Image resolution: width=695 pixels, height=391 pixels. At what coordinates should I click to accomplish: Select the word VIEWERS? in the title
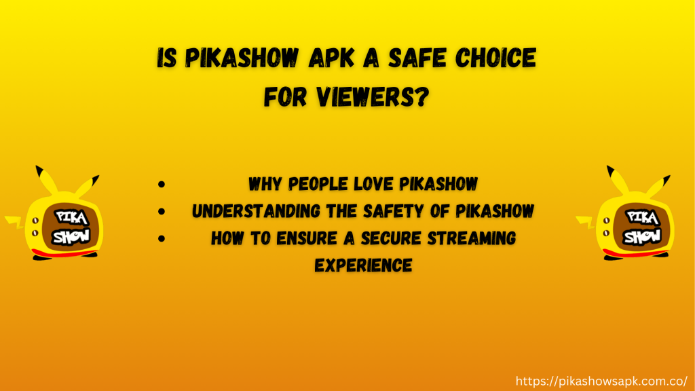(x=373, y=96)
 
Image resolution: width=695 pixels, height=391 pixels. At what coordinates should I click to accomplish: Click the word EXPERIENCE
(x=364, y=265)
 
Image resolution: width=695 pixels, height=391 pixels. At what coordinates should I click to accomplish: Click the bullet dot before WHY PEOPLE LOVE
(x=162, y=184)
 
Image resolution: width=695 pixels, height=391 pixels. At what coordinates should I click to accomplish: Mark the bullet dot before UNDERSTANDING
(x=162, y=212)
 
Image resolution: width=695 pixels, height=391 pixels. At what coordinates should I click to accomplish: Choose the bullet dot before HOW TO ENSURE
(x=162, y=238)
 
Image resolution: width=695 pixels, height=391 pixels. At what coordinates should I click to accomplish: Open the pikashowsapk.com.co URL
(x=601, y=381)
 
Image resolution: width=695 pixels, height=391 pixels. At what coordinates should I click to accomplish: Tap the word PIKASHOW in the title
(x=242, y=58)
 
